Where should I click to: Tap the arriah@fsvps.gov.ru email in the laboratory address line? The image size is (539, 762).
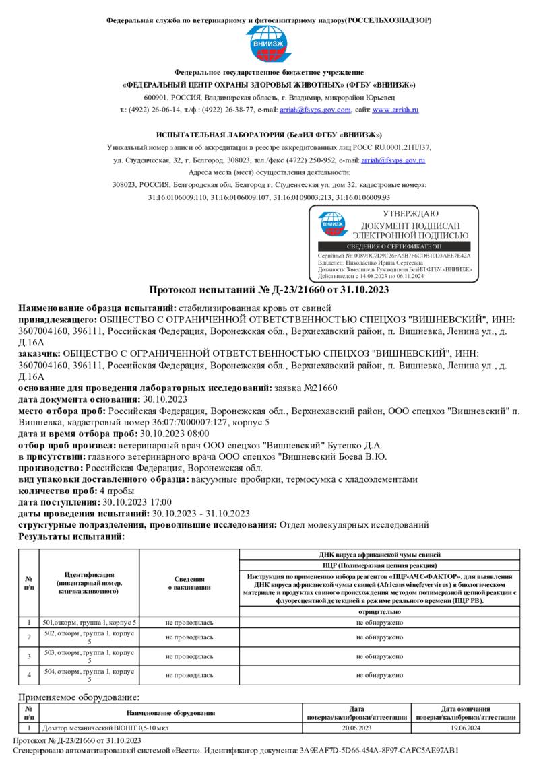coord(393,160)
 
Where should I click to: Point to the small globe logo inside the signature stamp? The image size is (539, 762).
coord(331,224)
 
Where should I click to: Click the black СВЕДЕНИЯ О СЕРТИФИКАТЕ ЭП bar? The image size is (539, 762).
coord(393,247)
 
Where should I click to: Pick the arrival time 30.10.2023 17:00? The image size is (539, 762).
coord(137,502)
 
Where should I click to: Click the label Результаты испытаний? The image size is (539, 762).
coord(71,536)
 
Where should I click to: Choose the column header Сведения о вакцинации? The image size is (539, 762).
coord(189,584)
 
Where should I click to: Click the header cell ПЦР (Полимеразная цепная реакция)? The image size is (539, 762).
coord(379,565)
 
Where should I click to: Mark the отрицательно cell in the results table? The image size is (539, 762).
coord(379,612)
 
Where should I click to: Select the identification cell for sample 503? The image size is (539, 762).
coord(89,656)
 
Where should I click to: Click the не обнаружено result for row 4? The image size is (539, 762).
coord(379,674)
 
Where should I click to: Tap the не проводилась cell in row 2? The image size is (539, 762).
coord(189,637)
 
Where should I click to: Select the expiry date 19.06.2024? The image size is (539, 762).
coord(466,728)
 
